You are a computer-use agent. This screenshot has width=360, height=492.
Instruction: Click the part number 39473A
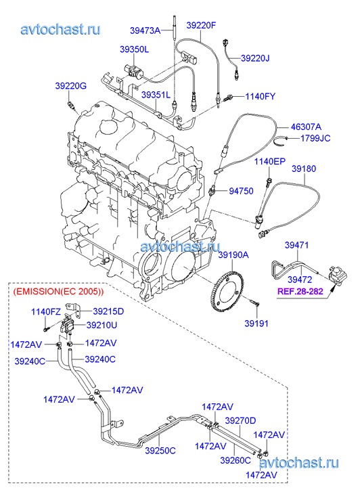click(145, 30)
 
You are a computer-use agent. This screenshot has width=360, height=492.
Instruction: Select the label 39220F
click(201, 25)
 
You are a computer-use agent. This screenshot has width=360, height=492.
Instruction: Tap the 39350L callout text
click(135, 49)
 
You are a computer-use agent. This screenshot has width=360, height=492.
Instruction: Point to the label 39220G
click(70, 86)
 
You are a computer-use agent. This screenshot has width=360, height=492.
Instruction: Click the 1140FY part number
click(260, 96)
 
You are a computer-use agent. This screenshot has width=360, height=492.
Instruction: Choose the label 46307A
click(306, 127)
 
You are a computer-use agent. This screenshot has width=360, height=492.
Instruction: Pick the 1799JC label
click(315, 138)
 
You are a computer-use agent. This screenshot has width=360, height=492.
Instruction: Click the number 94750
click(241, 191)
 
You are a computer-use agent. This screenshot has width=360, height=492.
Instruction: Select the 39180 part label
click(304, 169)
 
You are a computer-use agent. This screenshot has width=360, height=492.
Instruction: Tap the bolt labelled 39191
click(254, 302)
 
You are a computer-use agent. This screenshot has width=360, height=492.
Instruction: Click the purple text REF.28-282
click(300, 291)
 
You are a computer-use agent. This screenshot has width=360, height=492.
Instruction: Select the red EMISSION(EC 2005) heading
click(58, 292)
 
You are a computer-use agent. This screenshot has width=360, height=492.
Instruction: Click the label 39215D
click(108, 311)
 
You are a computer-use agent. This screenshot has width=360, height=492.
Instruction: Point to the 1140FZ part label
click(46, 311)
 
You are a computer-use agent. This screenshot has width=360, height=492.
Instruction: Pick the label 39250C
click(160, 451)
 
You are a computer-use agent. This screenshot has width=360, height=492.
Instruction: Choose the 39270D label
click(240, 420)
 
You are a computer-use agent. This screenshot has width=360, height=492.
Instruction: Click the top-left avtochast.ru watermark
click(61, 29)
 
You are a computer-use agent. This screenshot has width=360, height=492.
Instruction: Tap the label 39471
click(296, 245)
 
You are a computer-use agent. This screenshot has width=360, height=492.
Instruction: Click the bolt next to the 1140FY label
click(228, 97)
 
